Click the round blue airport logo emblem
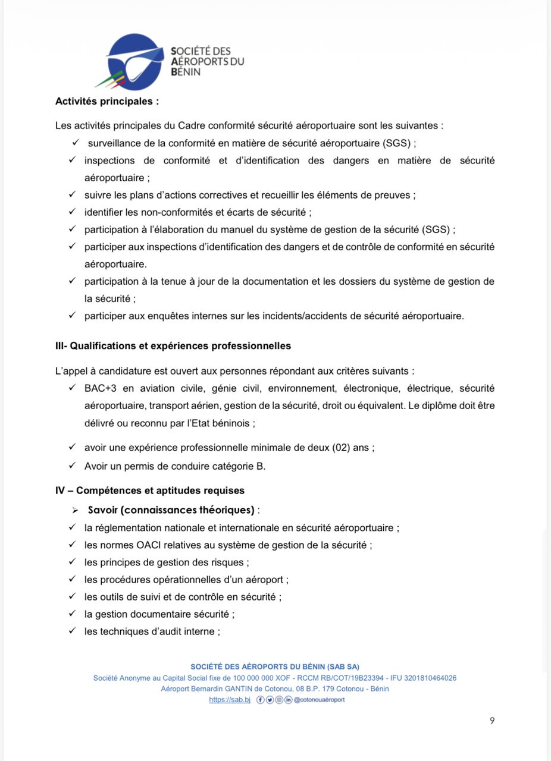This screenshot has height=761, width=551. (x=135, y=62)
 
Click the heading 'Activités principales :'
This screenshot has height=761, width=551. (x=107, y=101)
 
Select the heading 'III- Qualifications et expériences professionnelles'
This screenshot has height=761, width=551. (x=173, y=345)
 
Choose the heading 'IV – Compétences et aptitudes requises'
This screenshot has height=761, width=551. (x=150, y=490)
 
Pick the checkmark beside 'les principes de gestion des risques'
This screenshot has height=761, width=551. (x=71, y=562)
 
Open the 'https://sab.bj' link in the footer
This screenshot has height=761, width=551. (x=230, y=700)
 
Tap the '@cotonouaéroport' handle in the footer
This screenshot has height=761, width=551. (x=320, y=700)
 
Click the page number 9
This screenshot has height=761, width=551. (x=492, y=721)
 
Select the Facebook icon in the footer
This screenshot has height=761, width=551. (x=260, y=700)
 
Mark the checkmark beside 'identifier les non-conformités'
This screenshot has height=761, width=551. (x=71, y=212)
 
